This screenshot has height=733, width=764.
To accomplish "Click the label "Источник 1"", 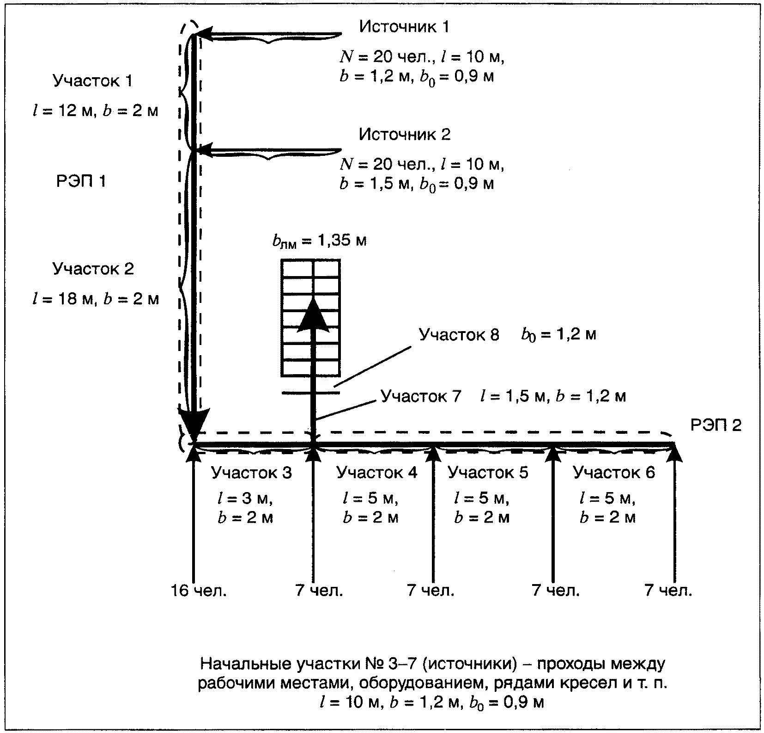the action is (404, 27).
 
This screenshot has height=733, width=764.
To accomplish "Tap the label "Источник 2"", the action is (404, 135).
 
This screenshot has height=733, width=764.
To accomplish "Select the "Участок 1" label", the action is (92, 81).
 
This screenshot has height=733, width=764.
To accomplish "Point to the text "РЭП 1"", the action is (81, 181).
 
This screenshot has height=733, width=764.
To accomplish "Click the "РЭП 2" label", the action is (715, 425).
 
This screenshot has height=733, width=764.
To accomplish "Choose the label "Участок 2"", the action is (93, 269).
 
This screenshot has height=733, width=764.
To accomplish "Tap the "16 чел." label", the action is (199, 591).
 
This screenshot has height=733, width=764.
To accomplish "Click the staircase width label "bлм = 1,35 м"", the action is (319, 241).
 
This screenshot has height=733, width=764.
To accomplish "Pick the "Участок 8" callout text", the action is (459, 335).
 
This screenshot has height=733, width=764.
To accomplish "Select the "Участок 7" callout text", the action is (420, 396).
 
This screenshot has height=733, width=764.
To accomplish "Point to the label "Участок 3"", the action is (251, 473).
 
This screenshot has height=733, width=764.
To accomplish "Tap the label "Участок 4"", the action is (376, 473).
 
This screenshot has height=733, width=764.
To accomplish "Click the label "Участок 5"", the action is (488, 473).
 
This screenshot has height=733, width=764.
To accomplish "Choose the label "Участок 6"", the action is (613, 473).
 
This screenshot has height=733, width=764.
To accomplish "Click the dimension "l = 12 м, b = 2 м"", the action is (96, 111).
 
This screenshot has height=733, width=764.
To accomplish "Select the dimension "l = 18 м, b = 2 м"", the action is (96, 299).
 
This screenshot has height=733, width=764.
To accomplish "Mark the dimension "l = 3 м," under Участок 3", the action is (245, 498).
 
